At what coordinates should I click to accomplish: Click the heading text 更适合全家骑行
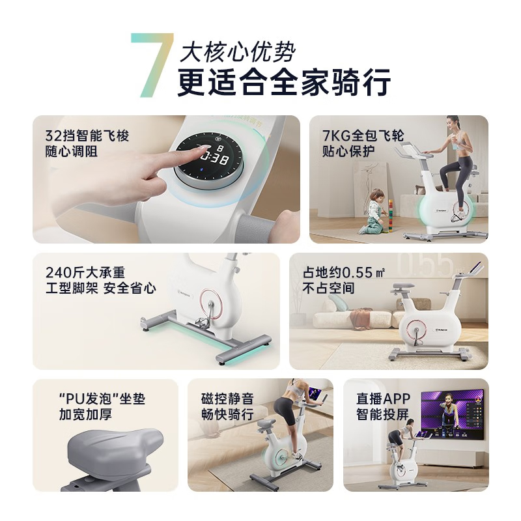[284, 82]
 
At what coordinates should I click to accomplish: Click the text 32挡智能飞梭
[87, 136]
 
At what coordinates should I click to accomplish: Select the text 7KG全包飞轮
[363, 135]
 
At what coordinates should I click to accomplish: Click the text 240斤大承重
[85, 272]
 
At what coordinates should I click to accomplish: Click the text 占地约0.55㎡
[344, 272]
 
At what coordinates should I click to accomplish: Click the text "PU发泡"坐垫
[102, 399]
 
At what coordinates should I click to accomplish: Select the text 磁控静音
[227, 399]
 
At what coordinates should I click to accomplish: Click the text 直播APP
[384, 399]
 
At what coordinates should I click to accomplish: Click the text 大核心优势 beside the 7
[237, 52]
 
